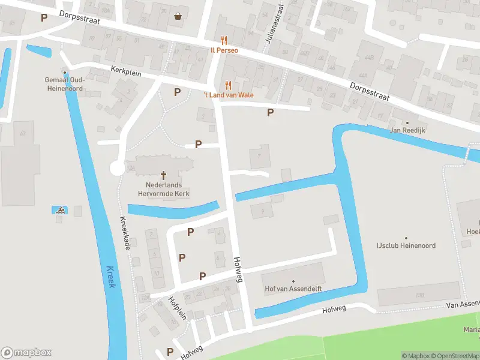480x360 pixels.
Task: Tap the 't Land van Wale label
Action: point(227,95)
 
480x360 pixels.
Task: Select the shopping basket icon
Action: point(178,16)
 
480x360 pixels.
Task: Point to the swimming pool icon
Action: point(61,210)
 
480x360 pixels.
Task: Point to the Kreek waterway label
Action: point(110,277)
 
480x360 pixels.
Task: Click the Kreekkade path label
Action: point(127,234)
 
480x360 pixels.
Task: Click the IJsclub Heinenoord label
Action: point(406,245)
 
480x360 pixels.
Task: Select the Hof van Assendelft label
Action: point(293,289)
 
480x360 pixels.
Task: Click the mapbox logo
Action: point(26,353)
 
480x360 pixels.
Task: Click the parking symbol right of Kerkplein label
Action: point(177,92)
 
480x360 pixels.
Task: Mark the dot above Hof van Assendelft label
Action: point(293,281)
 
